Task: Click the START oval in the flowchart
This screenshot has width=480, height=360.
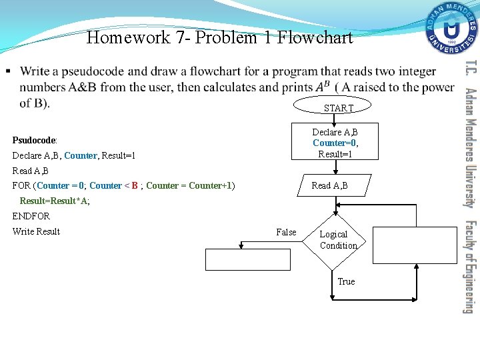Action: coord(338,107)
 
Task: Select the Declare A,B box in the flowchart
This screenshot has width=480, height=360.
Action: coord(335,142)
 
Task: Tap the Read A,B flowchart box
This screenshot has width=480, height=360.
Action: coord(329,185)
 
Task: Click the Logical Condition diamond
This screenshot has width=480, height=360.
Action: coord(338,240)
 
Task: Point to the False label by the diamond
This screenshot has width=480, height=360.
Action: coord(286,232)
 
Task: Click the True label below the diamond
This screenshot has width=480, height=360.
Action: coord(346,281)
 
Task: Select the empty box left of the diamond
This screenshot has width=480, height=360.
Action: coord(248,259)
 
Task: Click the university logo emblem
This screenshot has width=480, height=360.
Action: coord(453,29)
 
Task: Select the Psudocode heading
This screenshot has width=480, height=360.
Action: coord(35,141)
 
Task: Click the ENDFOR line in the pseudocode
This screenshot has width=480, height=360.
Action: coord(31,216)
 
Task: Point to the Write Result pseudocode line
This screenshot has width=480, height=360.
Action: coord(36,231)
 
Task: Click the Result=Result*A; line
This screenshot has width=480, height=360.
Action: coord(55,201)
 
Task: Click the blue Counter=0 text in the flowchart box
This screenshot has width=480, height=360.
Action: coord(335,143)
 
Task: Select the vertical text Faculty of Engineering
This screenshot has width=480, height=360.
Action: coord(470,267)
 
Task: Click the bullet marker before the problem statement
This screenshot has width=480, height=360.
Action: coord(7,71)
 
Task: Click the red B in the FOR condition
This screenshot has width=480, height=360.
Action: coord(135,185)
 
